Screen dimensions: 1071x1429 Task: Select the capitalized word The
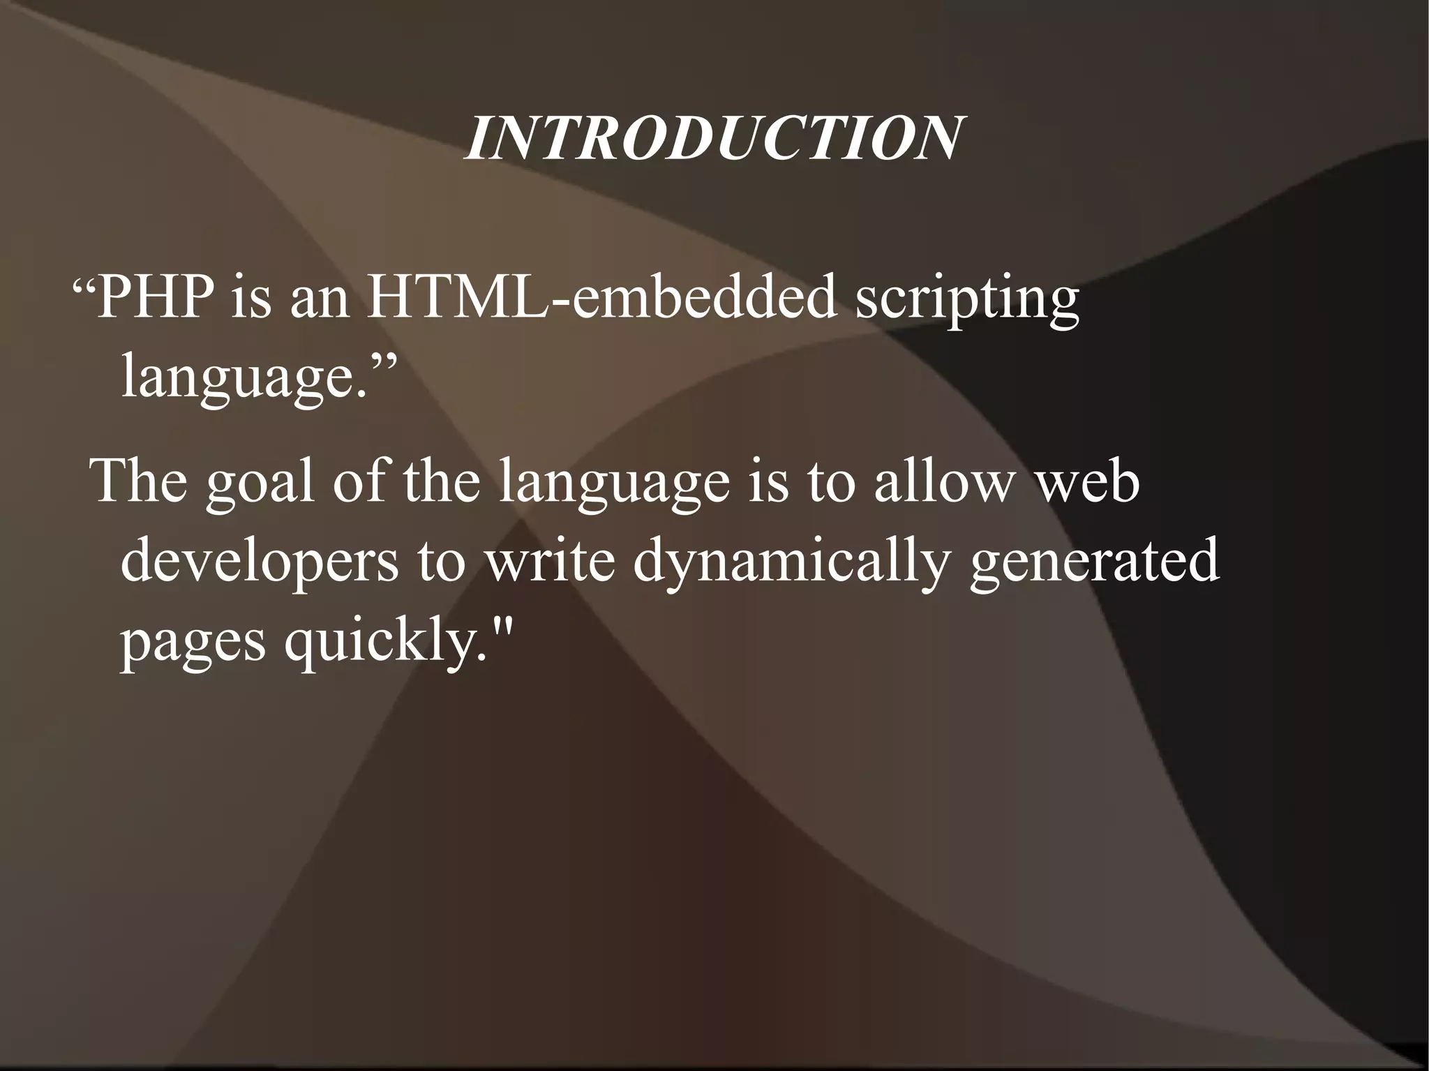click(x=140, y=481)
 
